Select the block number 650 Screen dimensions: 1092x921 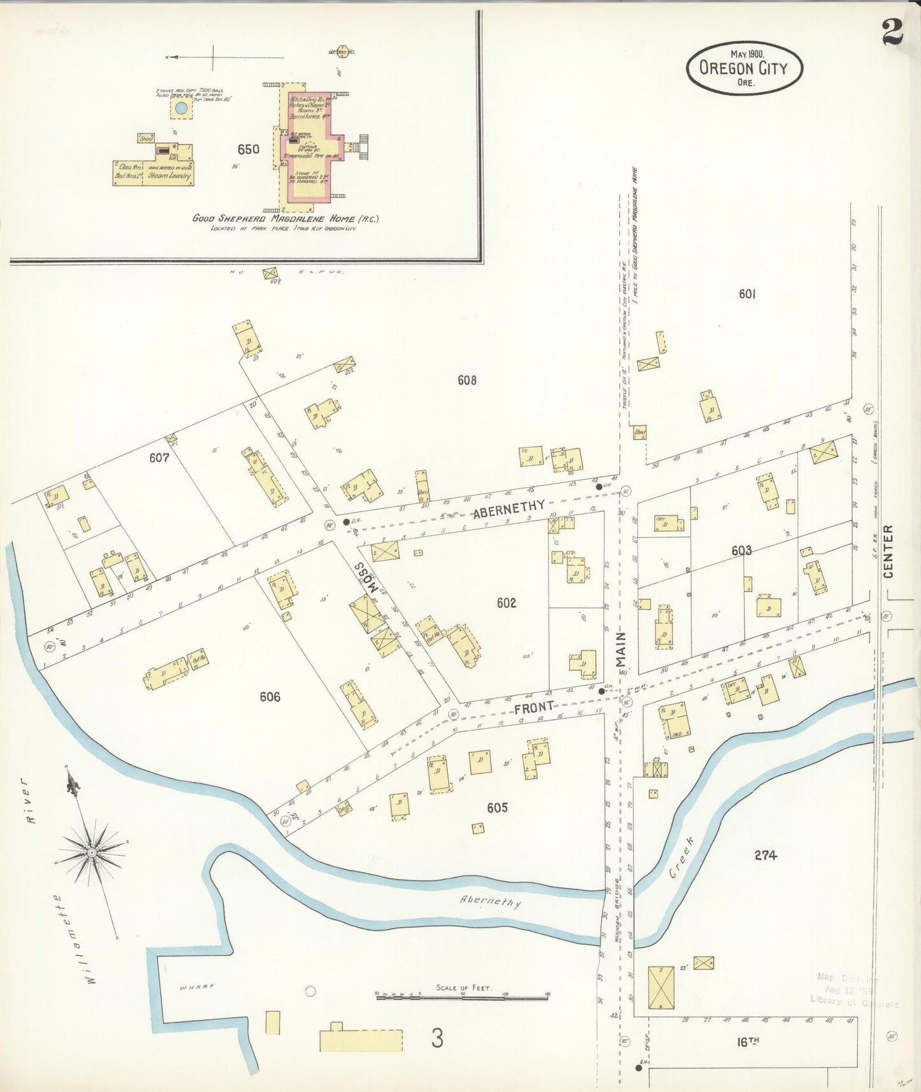pyautogui.click(x=248, y=150)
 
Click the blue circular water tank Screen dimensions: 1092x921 pyautogui.click(x=182, y=108)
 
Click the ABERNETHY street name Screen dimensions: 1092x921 pyautogui.click(x=509, y=505)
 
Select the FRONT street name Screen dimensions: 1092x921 pyautogui.click(x=533, y=707)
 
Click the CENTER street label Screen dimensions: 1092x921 pyautogui.click(x=888, y=551)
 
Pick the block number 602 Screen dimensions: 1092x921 pyautogui.click(x=506, y=603)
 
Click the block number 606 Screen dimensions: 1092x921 pyautogui.click(x=270, y=697)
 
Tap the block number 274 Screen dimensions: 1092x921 pyautogui.click(x=765, y=856)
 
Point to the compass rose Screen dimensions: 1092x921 pyautogui.click(x=92, y=852)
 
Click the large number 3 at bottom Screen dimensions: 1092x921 pyautogui.click(x=437, y=1038)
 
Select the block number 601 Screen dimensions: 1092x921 pyautogui.click(x=747, y=294)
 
